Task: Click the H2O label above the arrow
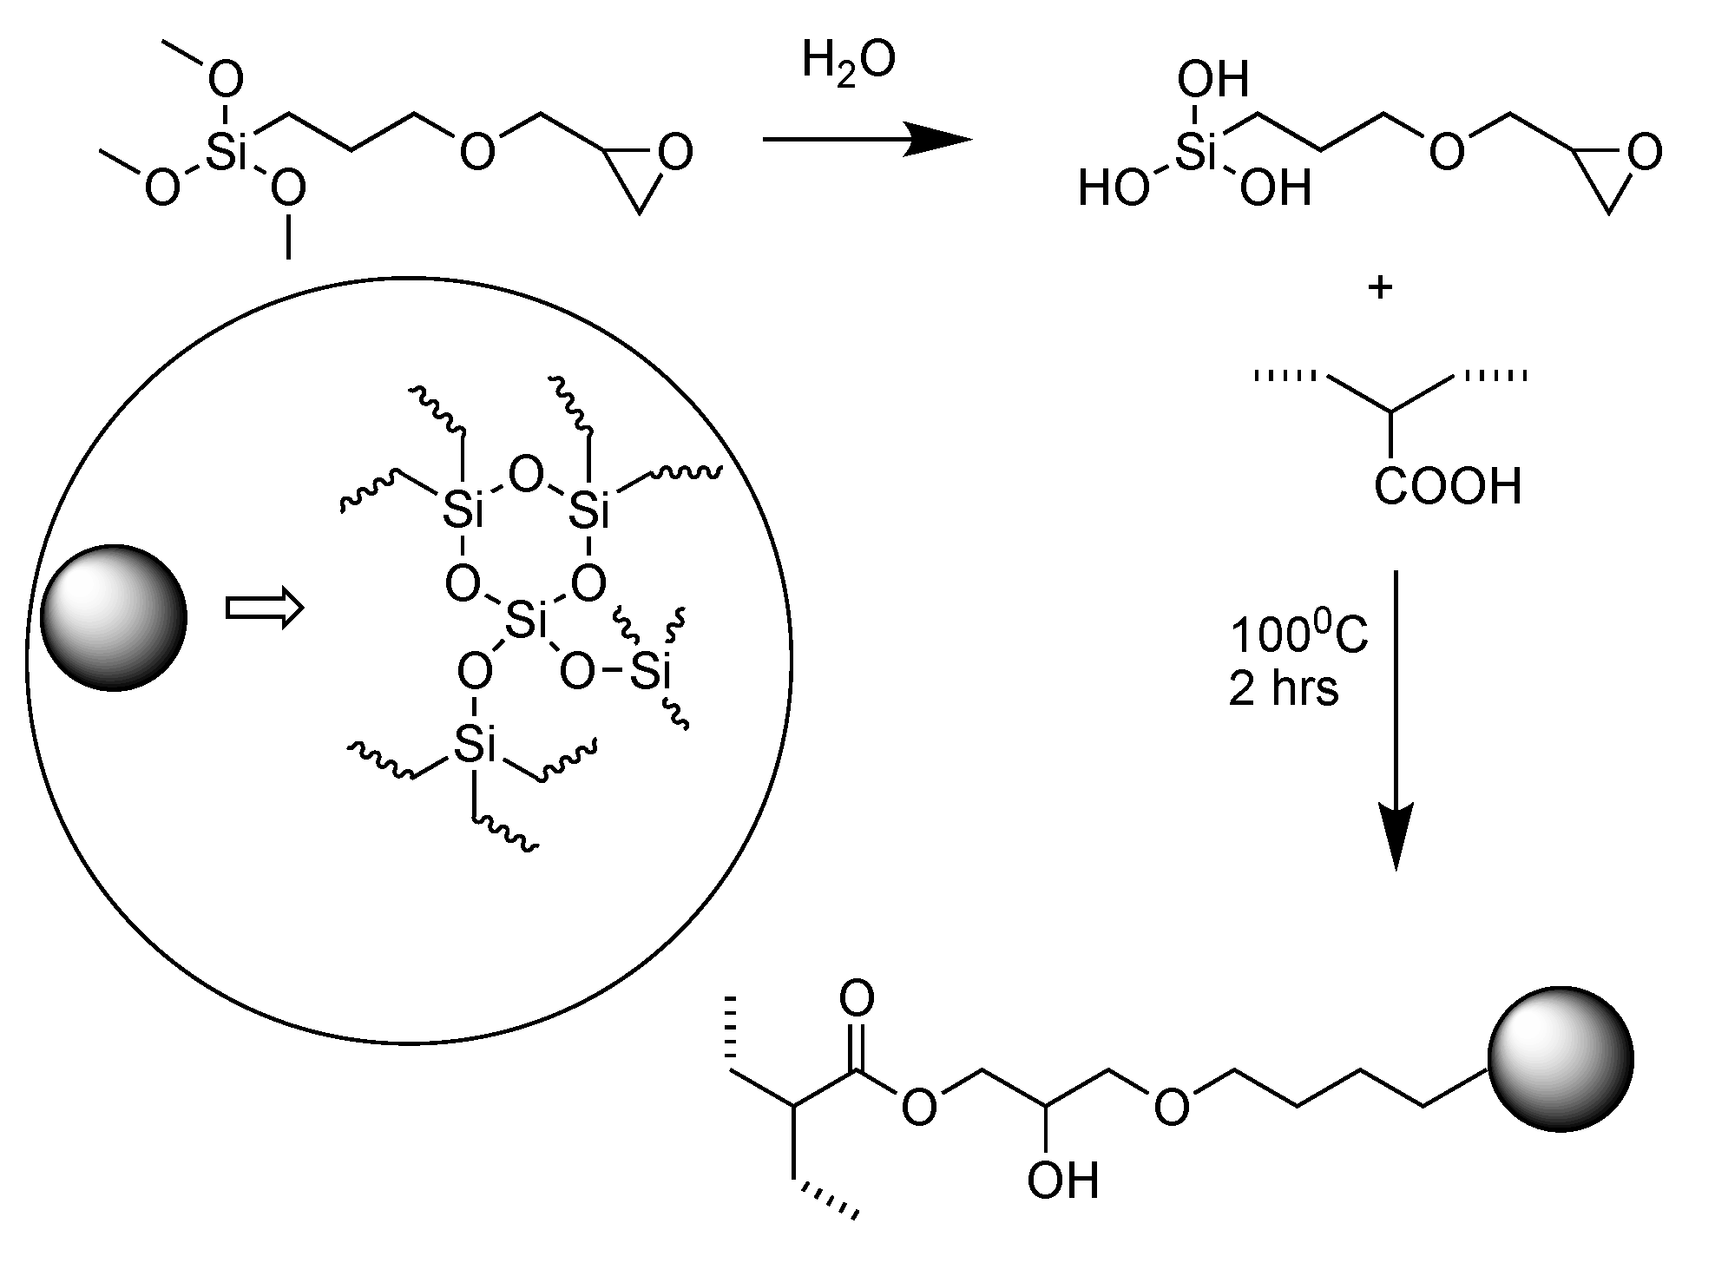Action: point(848,63)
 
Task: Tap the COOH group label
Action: point(1448,487)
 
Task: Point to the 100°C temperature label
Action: point(1298,635)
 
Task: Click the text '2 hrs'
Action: point(1284,688)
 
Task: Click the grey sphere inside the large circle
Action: point(114,617)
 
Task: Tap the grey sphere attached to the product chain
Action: point(1561,1059)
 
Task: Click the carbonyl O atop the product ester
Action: point(857,1000)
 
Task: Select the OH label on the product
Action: point(1062,1181)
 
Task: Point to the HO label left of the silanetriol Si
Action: point(1114,188)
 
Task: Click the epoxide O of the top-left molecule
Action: point(674,153)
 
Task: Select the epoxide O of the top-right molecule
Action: point(1644,153)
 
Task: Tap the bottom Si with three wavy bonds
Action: point(474,745)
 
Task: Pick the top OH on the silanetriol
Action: point(1212,81)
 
